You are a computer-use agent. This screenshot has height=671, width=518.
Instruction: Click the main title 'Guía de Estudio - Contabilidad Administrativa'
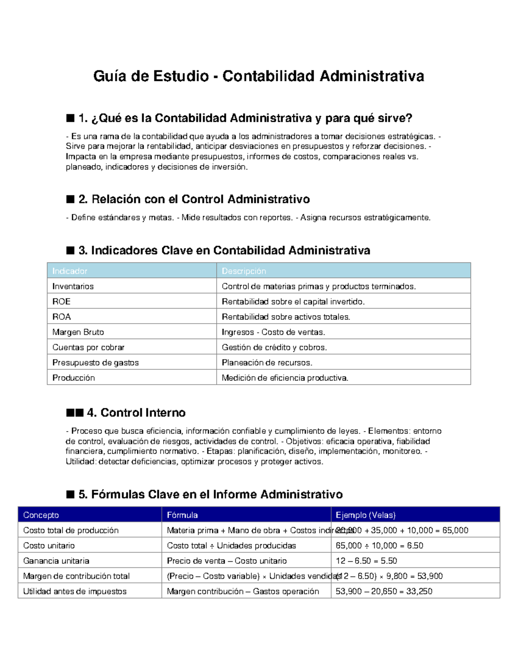[x=259, y=76]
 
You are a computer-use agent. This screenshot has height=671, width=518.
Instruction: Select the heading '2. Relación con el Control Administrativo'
[x=194, y=199]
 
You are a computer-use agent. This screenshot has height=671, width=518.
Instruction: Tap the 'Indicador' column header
[x=70, y=271]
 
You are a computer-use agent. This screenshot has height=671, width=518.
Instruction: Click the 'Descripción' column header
[x=244, y=271]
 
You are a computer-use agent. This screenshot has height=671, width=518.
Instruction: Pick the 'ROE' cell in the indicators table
[x=61, y=302]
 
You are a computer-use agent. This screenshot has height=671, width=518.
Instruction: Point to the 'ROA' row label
[x=62, y=317]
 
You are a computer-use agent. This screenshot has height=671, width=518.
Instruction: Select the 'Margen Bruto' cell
[x=78, y=332]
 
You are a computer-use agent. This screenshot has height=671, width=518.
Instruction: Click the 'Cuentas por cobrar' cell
[x=88, y=347]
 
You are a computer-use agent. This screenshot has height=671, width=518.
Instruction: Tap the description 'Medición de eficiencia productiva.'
[x=285, y=378]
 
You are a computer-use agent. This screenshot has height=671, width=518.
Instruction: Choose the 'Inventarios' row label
[x=73, y=286]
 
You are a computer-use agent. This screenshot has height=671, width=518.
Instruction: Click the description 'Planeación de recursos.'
[x=267, y=363]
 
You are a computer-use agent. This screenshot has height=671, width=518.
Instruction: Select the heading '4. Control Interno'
[x=136, y=413]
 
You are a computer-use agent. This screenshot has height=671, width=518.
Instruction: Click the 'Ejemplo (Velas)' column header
[x=366, y=515]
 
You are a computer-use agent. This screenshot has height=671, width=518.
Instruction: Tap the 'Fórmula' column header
[x=182, y=515]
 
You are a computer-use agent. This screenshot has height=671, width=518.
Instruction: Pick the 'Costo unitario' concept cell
[x=49, y=546]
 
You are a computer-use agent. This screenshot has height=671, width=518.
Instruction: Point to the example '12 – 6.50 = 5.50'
[x=366, y=561]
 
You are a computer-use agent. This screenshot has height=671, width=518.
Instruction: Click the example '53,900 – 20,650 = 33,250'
[x=384, y=591]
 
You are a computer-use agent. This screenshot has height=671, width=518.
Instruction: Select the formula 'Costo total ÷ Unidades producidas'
[x=231, y=546]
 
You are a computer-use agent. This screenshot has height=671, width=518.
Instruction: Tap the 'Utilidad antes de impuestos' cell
[x=75, y=591]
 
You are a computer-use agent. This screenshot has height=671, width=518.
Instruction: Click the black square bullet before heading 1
[x=70, y=118]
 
